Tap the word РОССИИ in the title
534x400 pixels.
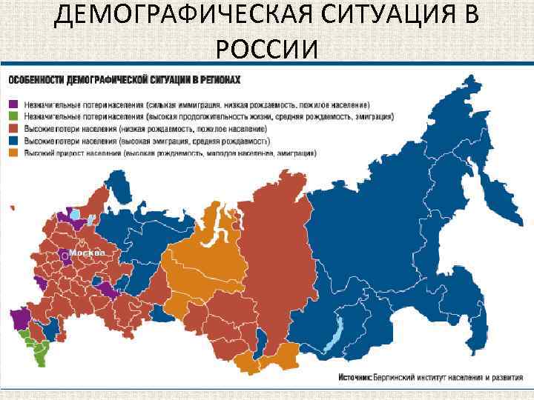[267, 49]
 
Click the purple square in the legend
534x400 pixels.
[13, 104]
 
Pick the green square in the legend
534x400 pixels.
[13, 116]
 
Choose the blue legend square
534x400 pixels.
[13, 141]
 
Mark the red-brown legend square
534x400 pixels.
[13, 129]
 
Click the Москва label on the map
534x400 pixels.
[88, 253]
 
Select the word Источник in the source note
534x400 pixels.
[355, 377]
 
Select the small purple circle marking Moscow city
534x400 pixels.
[66, 256]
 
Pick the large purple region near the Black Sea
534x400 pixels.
[20, 319]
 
